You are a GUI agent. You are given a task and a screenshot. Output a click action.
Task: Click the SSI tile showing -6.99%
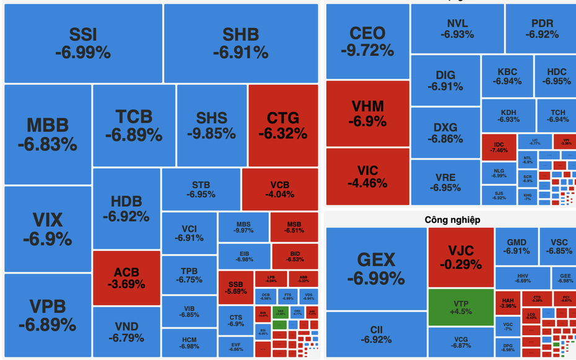[x=83, y=43]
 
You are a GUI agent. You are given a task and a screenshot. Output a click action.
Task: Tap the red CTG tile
[x=283, y=125]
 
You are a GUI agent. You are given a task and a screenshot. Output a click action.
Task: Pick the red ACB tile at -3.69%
[x=126, y=278]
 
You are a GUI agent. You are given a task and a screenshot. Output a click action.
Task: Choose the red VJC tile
[x=460, y=257]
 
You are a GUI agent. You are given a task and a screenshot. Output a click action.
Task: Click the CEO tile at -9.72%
[x=367, y=42]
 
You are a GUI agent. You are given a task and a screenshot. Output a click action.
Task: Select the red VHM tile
[x=367, y=113]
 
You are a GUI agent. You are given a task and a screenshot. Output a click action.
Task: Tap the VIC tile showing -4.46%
[x=367, y=176]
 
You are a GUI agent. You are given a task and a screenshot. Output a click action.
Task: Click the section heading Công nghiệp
[x=452, y=219]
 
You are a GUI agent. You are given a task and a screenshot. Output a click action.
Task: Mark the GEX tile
[x=375, y=268]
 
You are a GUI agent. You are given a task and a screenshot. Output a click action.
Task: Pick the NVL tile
[x=457, y=29]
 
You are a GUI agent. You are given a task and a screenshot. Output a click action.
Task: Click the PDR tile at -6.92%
[x=541, y=29]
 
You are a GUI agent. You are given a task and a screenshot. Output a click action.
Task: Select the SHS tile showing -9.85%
[x=212, y=125]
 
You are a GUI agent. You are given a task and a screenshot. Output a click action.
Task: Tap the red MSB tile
[x=294, y=227]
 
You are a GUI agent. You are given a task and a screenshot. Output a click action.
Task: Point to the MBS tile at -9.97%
[x=244, y=227]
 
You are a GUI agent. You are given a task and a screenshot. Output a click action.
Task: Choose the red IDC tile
[x=499, y=147]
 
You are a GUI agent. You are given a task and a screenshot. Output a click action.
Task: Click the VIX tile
[x=47, y=229]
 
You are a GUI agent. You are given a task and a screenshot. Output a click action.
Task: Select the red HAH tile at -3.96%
[x=507, y=303]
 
